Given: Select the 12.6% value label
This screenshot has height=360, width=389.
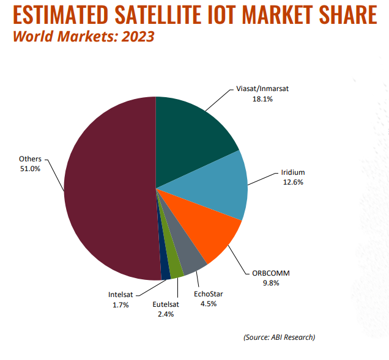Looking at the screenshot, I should point(291,182).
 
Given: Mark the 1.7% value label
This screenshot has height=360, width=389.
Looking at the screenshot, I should point(120,304).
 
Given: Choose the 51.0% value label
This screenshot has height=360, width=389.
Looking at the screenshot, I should point(30,169).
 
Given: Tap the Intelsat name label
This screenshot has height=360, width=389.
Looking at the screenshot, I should point(120,295).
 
